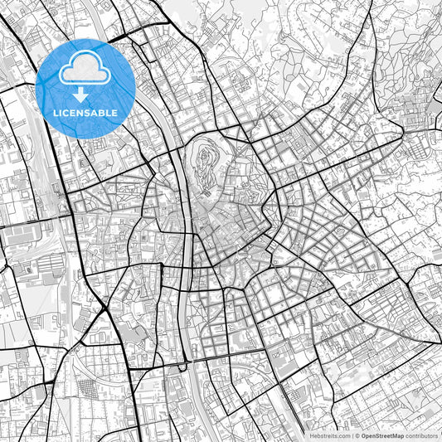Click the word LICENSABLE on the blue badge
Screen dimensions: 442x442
coord(85,113)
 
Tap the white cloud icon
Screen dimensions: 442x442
coord(85,70)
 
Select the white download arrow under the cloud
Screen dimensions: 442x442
coord(85,95)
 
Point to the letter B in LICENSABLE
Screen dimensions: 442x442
coord(102,113)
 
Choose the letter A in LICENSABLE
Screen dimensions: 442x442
coord(95,113)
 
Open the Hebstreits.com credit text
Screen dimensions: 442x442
coord(328,435)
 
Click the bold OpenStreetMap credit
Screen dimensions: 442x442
coord(382,435)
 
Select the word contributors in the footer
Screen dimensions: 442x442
coord(421,435)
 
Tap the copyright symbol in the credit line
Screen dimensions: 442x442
coord(356,435)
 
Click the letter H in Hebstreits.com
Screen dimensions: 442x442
coord(311,435)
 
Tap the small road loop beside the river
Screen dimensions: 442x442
coord(182,367)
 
